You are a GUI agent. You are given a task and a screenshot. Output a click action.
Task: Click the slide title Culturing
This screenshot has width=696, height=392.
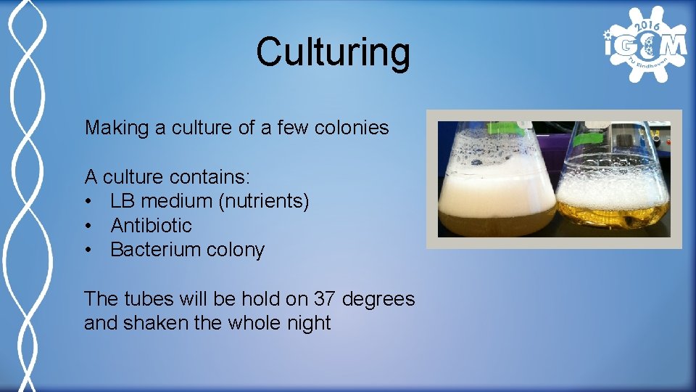333,52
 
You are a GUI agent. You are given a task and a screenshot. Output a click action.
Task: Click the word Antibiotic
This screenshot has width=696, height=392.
151,226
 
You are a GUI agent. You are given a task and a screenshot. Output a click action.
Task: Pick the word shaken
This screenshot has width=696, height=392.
156,323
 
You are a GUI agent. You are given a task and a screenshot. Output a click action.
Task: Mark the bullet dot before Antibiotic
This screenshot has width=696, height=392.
88,226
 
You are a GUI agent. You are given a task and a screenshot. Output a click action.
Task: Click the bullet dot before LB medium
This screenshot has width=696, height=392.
88,201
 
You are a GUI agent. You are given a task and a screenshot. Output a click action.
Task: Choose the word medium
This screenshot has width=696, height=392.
171,201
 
